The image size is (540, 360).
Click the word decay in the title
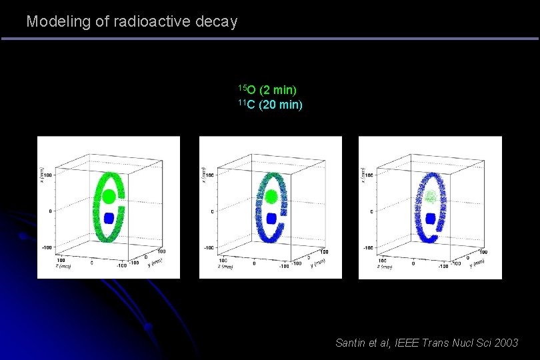[217, 22]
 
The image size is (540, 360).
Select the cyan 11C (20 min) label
[270, 105]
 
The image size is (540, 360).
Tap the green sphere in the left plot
[108, 197]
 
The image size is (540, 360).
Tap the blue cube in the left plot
[109, 217]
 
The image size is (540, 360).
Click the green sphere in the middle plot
[271, 197]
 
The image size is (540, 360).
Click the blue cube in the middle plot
[271, 218]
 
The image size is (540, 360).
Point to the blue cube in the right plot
[431, 218]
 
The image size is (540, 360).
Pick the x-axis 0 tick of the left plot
[49, 211]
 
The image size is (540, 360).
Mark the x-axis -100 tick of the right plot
[367, 247]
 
